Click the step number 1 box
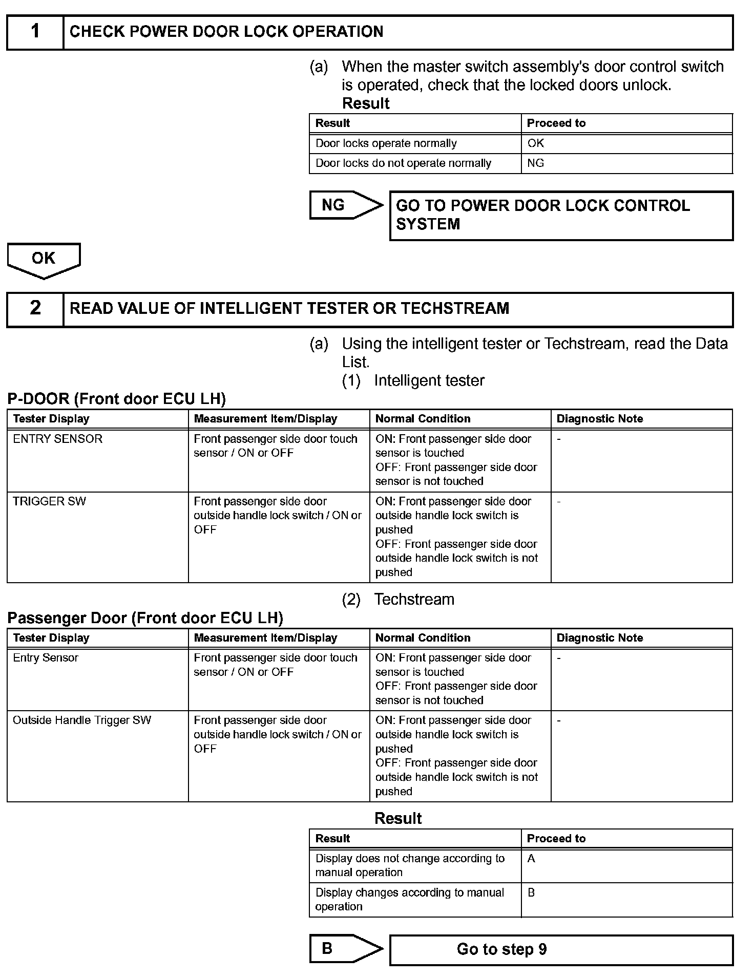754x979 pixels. [35, 32]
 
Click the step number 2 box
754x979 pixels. [35, 309]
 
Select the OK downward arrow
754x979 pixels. [44, 259]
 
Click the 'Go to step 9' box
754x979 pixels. [561, 950]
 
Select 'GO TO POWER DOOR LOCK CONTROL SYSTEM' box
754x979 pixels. [561, 216]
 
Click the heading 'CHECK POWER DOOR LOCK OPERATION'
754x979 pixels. [226, 32]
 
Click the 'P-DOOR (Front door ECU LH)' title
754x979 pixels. [117, 399]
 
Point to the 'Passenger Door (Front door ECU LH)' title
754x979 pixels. [145, 618]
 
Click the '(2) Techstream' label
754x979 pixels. [398, 599]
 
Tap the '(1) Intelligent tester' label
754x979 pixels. [413, 381]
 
